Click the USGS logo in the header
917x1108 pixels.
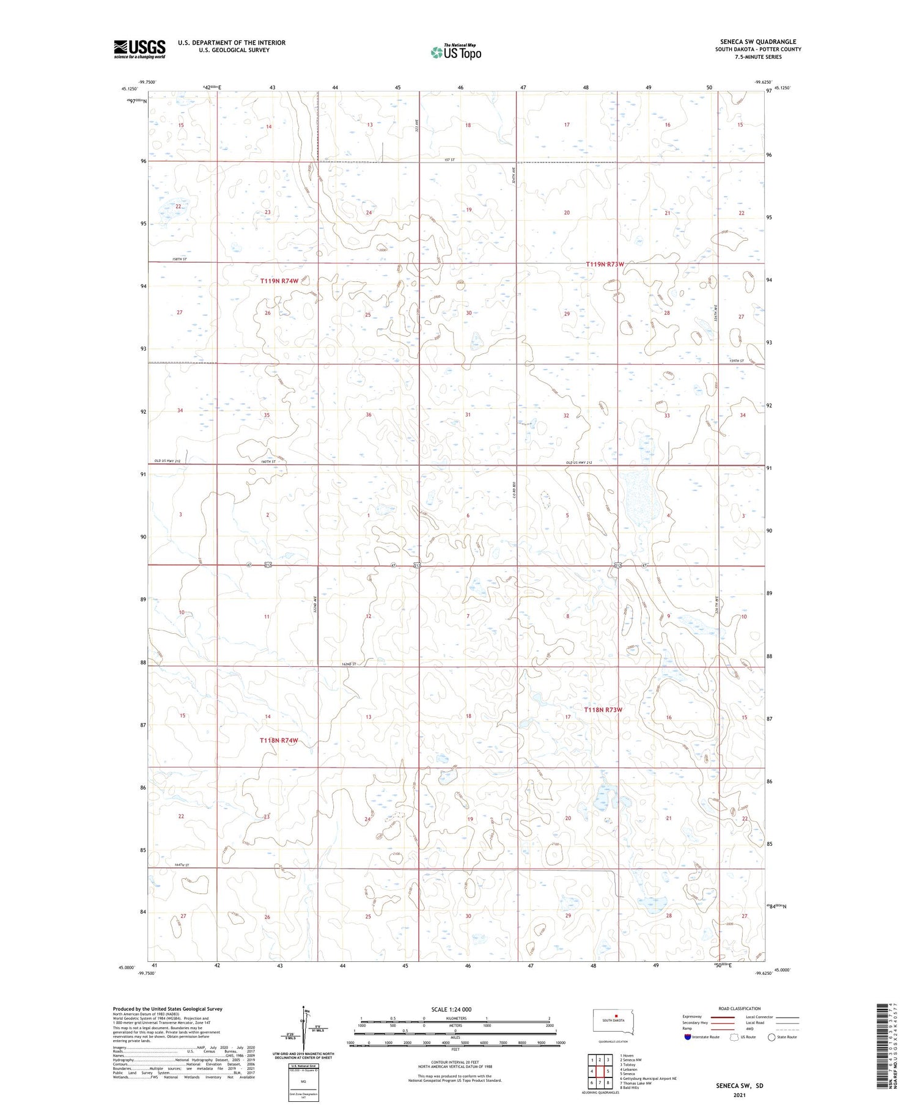(139, 49)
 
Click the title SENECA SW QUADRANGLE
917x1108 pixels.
(757, 42)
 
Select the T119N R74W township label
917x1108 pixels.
(279, 281)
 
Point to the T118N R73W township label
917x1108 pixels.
(603, 710)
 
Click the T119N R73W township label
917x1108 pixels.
(605, 264)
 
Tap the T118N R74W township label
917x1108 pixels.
(279, 741)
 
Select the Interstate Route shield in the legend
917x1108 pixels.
(689, 1037)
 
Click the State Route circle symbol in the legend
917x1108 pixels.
(772, 1037)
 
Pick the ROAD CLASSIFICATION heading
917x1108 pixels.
(738, 1008)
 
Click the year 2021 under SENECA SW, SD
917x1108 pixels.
(740, 1095)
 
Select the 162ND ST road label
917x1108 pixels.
(348, 664)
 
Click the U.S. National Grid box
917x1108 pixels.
(303, 1082)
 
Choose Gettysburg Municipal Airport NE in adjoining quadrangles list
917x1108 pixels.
(648, 1079)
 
